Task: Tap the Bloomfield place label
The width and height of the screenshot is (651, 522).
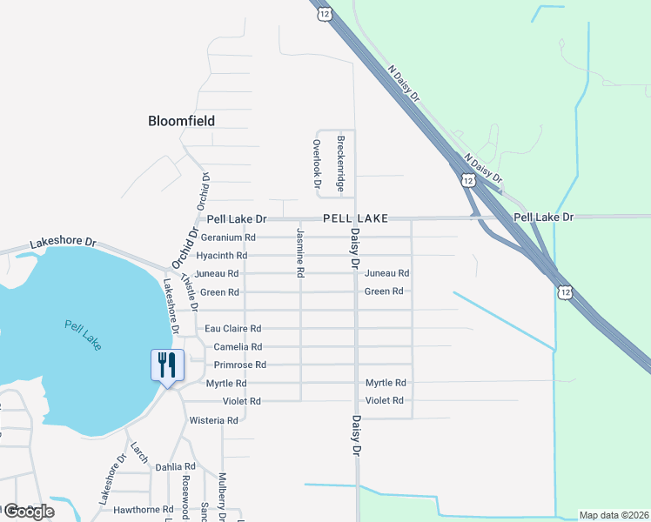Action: click(181, 121)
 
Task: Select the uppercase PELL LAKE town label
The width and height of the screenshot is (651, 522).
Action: click(354, 217)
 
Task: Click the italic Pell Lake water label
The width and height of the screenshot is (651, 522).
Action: click(83, 335)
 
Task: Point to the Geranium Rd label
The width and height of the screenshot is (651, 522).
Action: click(227, 238)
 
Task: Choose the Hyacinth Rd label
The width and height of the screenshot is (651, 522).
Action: click(221, 256)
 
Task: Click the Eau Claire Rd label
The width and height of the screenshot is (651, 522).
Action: click(232, 329)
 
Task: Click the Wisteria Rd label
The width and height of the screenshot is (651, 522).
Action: click(213, 420)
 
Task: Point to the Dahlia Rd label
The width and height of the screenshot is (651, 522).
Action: click(175, 466)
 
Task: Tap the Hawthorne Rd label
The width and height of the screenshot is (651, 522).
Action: click(137, 509)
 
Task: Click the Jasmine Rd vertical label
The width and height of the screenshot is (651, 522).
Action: click(299, 252)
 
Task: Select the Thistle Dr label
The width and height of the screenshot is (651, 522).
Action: click(190, 290)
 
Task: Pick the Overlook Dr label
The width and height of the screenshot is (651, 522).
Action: click(317, 164)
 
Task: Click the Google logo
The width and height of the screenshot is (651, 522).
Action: click(29, 512)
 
